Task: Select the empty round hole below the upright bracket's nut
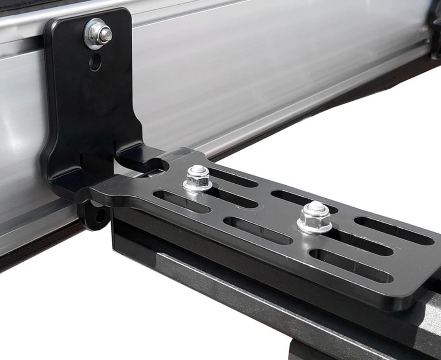click(x=95, y=62)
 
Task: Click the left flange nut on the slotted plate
click(x=198, y=179)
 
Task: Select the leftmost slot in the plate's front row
click(x=182, y=201)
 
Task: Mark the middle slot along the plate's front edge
click(x=258, y=231)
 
